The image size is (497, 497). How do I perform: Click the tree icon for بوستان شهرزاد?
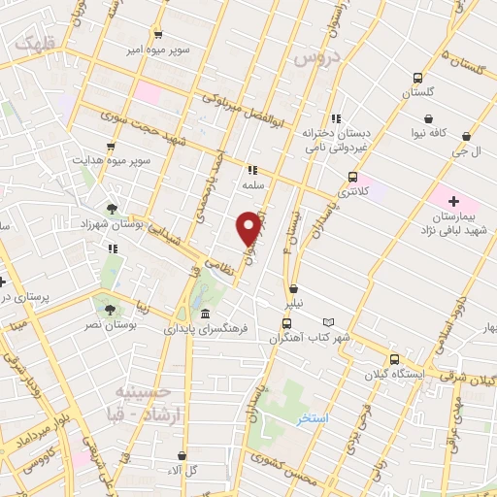113,207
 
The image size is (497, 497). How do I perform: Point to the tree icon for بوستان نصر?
110,309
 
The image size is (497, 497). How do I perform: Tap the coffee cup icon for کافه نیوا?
428,119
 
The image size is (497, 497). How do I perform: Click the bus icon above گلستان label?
417,78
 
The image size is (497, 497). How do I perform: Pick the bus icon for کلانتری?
352,177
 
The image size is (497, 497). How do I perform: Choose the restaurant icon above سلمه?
253,169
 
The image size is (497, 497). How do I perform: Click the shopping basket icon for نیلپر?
293,288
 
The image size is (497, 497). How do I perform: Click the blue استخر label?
314,417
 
